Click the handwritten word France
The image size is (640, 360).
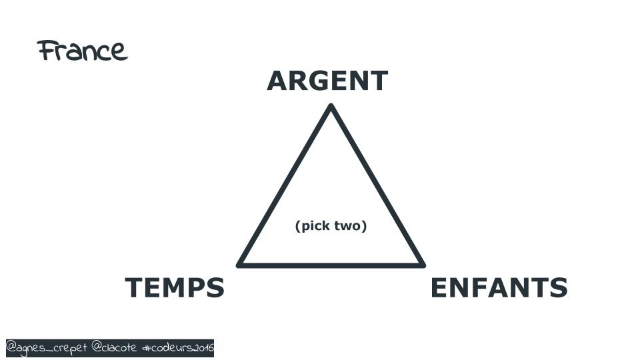[x=83, y=51]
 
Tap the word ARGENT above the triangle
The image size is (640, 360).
[x=327, y=81]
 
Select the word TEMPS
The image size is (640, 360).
[x=175, y=287]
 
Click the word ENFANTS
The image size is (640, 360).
[x=499, y=287]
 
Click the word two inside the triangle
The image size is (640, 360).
[x=348, y=226]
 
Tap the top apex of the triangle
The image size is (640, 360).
[x=331, y=106]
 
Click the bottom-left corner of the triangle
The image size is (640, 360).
[x=239, y=265]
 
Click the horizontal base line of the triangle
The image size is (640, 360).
[x=331, y=265]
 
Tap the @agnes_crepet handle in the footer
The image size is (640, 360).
[x=47, y=348]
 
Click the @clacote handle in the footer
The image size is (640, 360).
[x=114, y=347]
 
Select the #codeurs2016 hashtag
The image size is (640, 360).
[x=178, y=348]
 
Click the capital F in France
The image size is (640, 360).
[x=47, y=50]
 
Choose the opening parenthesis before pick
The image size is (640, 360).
[x=297, y=226]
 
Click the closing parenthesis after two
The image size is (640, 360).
[x=365, y=226]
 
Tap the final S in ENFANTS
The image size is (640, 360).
[x=558, y=287]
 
